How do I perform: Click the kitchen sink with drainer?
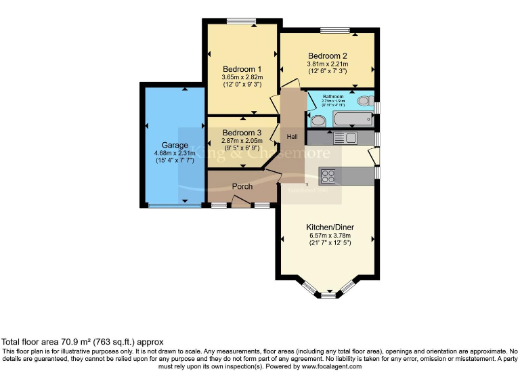click(x=345, y=138)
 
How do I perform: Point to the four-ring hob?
click(x=328, y=175)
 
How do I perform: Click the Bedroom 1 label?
click(x=242, y=69)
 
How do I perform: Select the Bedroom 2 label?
click(x=327, y=56)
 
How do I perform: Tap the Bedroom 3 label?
click(x=241, y=132)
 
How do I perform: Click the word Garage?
click(x=174, y=145)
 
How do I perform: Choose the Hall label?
click(x=292, y=137)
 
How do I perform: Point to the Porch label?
click(x=242, y=186)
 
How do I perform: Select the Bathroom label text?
click(x=333, y=97)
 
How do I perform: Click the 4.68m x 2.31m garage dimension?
click(x=174, y=153)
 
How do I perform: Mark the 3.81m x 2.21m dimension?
click(x=327, y=64)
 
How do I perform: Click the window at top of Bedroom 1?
click(x=240, y=22)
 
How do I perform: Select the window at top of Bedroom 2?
click(x=334, y=29)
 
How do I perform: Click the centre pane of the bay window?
click(x=328, y=295)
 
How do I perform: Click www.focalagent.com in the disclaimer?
click(x=332, y=366)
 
